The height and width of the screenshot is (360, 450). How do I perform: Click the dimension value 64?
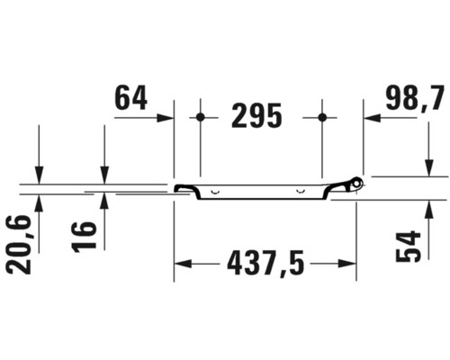point(130,97)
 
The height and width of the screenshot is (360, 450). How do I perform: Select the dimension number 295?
point(262,115)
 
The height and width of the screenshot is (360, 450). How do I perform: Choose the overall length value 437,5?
point(266,264)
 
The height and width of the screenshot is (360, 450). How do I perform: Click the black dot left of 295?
point(201,117)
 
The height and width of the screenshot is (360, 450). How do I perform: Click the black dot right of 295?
point(322,117)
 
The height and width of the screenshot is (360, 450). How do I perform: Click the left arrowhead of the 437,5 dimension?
point(181,264)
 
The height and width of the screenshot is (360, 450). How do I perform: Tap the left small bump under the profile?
point(215,193)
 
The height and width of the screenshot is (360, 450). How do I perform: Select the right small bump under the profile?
point(300,193)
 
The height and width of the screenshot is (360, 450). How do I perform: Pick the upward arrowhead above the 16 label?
point(104,200)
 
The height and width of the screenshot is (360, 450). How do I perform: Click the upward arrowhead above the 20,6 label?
point(39,200)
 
